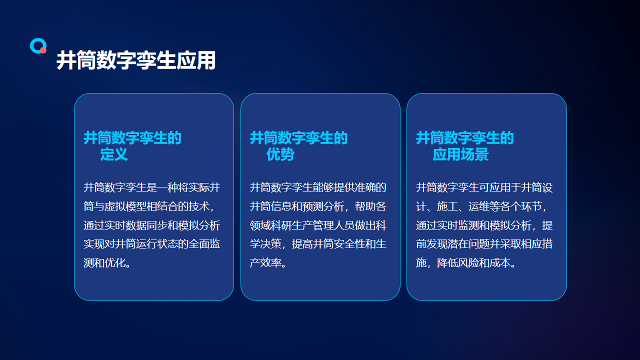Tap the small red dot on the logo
(x=43, y=50)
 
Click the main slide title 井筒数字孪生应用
(x=136, y=60)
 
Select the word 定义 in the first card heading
(x=114, y=154)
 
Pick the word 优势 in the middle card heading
(x=280, y=154)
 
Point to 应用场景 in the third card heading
(x=460, y=154)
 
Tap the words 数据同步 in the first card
(x=146, y=225)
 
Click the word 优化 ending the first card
(x=114, y=262)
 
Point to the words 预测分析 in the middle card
(x=323, y=206)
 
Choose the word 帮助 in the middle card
(x=365, y=206)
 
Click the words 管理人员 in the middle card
(x=333, y=225)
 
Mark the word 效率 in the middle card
(x=270, y=262)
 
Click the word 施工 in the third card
(x=447, y=206)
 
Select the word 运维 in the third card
(x=479, y=206)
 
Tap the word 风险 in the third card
(x=468, y=262)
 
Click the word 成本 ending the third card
(x=499, y=262)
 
